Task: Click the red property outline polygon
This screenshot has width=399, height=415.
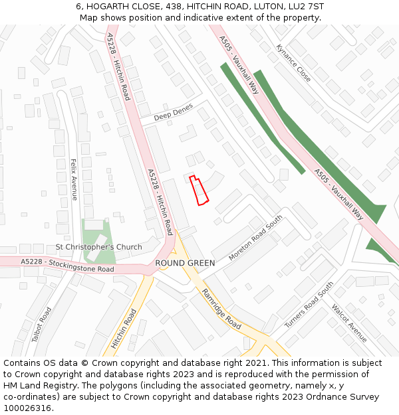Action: (199, 190)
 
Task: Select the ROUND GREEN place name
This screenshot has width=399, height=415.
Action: (185, 263)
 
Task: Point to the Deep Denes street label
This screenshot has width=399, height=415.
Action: (173, 113)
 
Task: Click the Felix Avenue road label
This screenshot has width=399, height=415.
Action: (74, 179)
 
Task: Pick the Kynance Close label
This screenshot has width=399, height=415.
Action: (293, 63)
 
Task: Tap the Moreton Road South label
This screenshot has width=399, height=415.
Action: (255, 237)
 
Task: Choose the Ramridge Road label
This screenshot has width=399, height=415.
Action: (221, 309)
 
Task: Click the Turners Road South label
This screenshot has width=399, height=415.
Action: (309, 305)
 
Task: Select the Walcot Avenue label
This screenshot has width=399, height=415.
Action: (349, 323)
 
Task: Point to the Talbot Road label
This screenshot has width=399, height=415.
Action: (41, 324)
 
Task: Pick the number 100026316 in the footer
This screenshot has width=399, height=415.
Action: (27, 408)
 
